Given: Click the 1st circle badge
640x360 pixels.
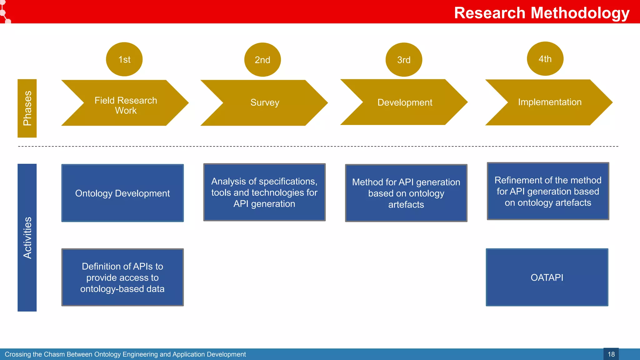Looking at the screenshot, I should pyautogui.click(x=124, y=59).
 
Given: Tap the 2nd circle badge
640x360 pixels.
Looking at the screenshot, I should pyautogui.click(x=262, y=60).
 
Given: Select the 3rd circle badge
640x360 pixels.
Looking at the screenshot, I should pyautogui.click(x=404, y=60).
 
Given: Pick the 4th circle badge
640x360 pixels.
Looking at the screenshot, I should pyautogui.click(x=545, y=59).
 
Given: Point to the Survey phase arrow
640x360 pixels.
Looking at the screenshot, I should pyautogui.click(x=264, y=103).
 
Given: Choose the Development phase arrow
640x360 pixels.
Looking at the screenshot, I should pyautogui.click(x=404, y=102).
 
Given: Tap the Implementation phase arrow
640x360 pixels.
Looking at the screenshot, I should pyautogui.click(x=549, y=102).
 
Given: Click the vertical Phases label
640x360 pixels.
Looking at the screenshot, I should pyautogui.click(x=27, y=108).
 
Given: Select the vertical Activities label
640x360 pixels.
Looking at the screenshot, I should pyautogui.click(x=27, y=237).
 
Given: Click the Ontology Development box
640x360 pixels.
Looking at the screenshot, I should pyautogui.click(x=122, y=193).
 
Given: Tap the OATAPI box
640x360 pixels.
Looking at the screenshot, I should pyautogui.click(x=547, y=277).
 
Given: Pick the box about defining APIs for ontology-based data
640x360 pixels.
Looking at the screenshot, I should pyautogui.click(x=122, y=277).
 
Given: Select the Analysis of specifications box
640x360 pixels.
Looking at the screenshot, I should pyautogui.click(x=264, y=192).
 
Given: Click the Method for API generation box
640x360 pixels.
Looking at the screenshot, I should pyautogui.click(x=406, y=193).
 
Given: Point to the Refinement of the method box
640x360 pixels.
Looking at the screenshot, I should pyautogui.click(x=548, y=191).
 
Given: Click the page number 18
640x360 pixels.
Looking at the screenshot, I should pyautogui.click(x=611, y=354).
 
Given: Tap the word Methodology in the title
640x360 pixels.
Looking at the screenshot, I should pyautogui.click(x=580, y=13).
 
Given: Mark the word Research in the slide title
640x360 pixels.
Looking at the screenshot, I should pyautogui.click(x=490, y=13).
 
